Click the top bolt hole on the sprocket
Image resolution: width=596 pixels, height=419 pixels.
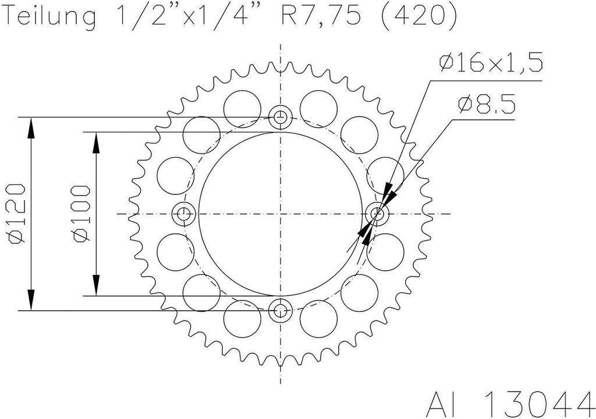click(x=281, y=118)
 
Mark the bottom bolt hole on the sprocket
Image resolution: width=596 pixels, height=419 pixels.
click(x=281, y=310)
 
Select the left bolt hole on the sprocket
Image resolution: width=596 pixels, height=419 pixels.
click(x=185, y=214)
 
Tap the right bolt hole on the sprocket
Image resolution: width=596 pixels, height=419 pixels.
click(x=377, y=214)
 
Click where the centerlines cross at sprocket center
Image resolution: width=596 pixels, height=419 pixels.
click(x=281, y=214)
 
